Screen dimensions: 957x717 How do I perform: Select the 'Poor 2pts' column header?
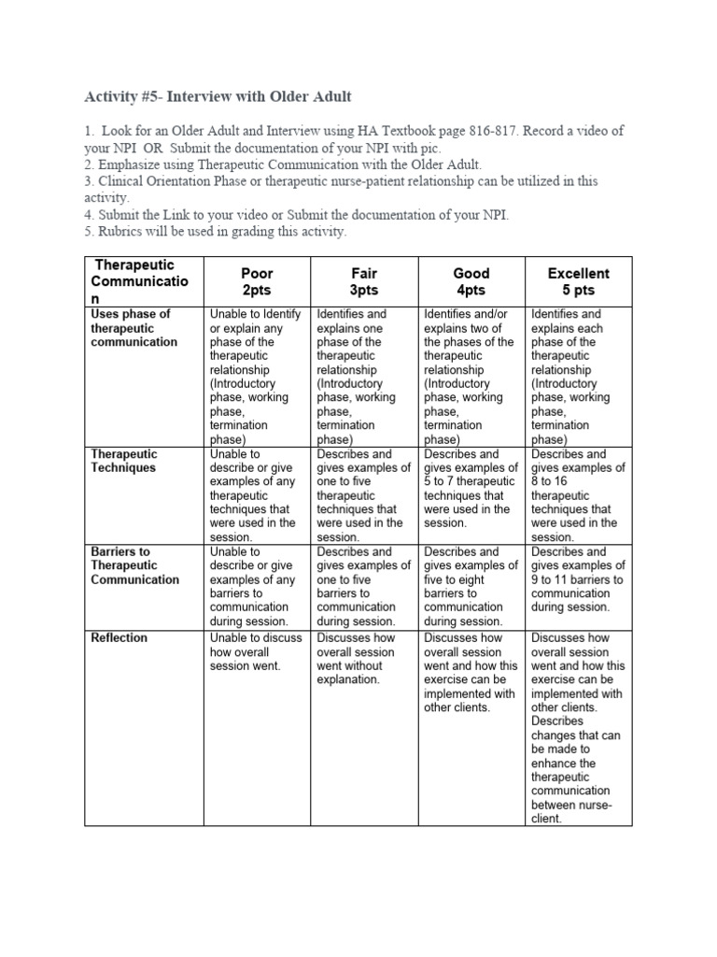[x=257, y=281]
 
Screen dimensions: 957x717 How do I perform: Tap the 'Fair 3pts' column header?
[x=364, y=281]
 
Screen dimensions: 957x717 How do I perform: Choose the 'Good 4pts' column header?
[x=471, y=281]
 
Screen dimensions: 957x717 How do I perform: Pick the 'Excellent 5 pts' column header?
[x=578, y=281]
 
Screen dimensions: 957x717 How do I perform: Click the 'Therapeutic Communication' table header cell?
[x=136, y=281]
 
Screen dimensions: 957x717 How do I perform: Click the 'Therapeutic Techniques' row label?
[x=123, y=461]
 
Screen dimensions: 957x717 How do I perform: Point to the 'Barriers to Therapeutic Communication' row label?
[x=134, y=565]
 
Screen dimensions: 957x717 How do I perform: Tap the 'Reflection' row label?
[x=119, y=638]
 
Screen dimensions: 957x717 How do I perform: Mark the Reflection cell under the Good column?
[x=471, y=673]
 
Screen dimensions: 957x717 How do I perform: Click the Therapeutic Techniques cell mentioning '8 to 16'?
[x=578, y=495]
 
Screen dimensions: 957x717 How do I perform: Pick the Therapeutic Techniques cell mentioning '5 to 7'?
[x=471, y=489]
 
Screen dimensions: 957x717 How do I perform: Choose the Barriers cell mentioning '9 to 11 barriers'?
[x=578, y=579]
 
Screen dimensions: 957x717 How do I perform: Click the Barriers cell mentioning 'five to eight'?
[x=471, y=586]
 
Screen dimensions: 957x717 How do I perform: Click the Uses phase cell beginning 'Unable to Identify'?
[x=256, y=377]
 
